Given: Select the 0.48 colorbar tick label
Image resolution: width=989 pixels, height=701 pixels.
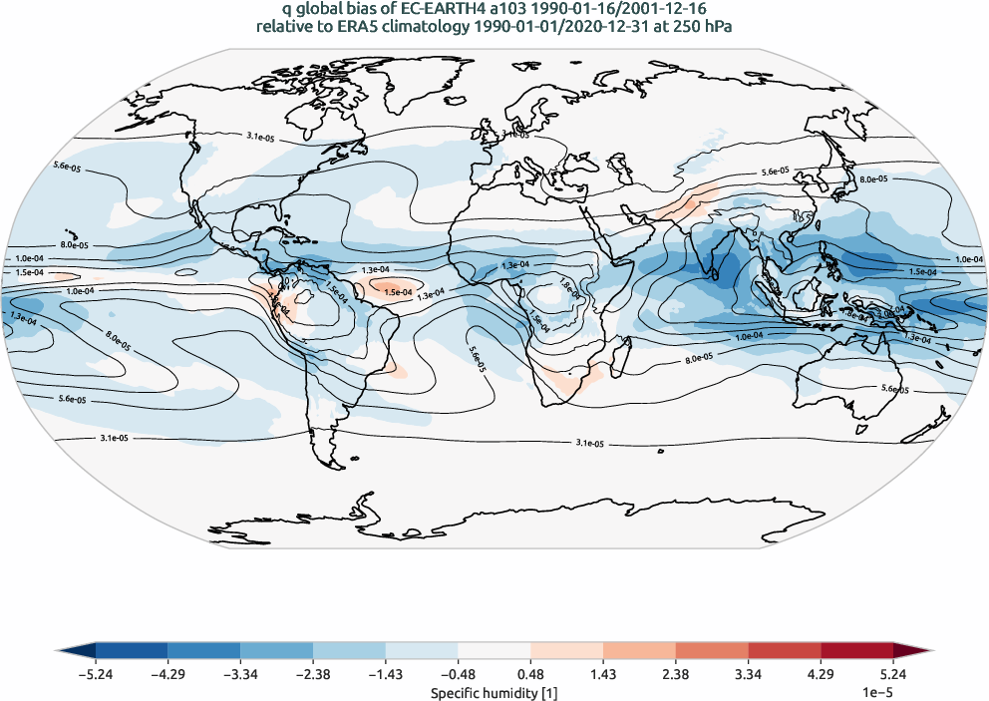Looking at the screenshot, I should click(x=531, y=674).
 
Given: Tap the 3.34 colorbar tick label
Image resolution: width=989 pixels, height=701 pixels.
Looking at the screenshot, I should click(x=750, y=674).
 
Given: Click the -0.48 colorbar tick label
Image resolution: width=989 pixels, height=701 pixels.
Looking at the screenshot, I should click(x=458, y=674).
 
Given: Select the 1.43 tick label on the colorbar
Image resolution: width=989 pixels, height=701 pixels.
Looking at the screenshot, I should click(x=604, y=674).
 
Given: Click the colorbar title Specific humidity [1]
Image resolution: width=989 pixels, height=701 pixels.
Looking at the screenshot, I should click(x=494, y=691).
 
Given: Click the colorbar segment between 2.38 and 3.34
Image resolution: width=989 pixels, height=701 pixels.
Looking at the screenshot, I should click(x=713, y=652).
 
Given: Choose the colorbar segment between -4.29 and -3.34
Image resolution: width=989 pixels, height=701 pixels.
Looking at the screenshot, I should click(x=204, y=652).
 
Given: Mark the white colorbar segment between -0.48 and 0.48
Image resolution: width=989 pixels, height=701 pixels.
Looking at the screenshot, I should click(x=494, y=652).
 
